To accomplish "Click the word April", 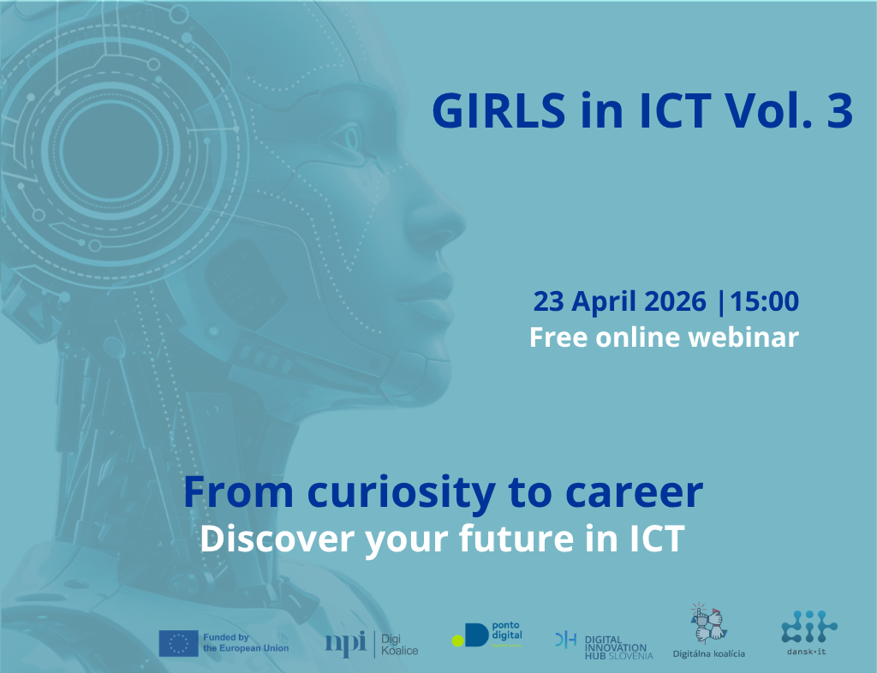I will [597, 301].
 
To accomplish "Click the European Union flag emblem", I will [178, 643].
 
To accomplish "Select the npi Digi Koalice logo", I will [371, 643].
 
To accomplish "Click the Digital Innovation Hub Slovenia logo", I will [604, 644].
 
